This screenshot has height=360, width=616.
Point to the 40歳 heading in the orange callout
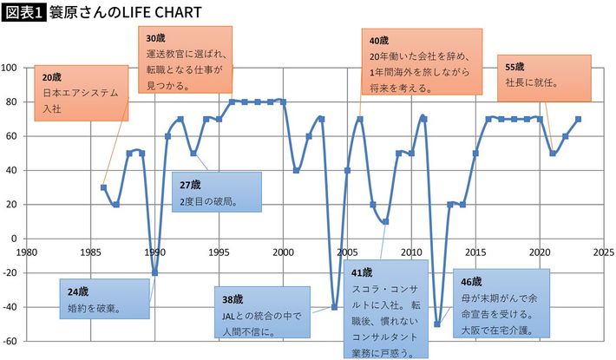click(x=378, y=41)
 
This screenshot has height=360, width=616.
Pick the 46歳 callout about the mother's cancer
click(x=501, y=305)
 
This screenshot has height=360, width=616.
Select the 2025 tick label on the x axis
click(x=605, y=252)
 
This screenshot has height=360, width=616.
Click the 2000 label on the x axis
click(x=284, y=252)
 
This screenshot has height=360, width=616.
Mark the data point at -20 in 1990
click(x=155, y=272)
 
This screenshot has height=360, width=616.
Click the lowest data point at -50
click(x=437, y=324)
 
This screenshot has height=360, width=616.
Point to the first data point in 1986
click(x=103, y=187)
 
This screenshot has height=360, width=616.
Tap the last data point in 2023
click(x=578, y=119)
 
